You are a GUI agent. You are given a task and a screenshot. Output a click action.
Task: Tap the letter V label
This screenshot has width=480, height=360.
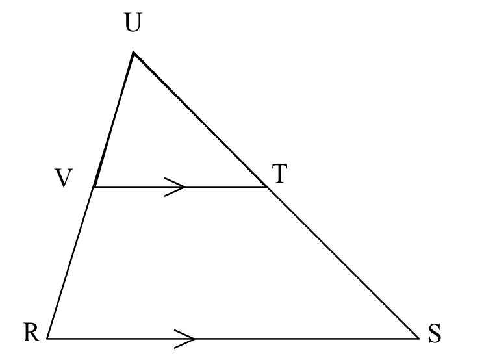(x=62, y=179)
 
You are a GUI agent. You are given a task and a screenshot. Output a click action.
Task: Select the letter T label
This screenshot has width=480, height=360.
(x=279, y=175)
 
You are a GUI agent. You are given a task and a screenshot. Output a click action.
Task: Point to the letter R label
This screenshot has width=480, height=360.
(x=31, y=333)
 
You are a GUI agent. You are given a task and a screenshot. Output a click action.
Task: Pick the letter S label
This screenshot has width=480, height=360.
(x=435, y=335)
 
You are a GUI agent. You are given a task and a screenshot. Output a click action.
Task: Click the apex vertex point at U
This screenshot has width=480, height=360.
(x=133, y=52)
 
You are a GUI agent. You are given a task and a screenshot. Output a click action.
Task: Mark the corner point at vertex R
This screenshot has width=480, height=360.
(x=47, y=338)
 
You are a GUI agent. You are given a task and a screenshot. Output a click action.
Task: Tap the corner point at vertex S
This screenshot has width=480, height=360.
(x=418, y=338)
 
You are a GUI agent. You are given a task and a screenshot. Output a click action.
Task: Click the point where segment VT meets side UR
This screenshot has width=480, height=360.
(x=94, y=187)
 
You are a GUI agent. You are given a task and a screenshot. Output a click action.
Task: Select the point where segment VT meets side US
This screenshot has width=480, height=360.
(x=267, y=187)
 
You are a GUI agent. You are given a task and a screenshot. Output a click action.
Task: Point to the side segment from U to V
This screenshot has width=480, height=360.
(x=114, y=120)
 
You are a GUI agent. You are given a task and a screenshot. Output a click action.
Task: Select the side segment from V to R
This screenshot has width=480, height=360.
(x=71, y=263)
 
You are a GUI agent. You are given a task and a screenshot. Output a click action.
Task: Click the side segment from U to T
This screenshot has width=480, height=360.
(x=200, y=120)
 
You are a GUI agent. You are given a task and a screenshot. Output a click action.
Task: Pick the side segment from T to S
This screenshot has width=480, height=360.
(x=342, y=263)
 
